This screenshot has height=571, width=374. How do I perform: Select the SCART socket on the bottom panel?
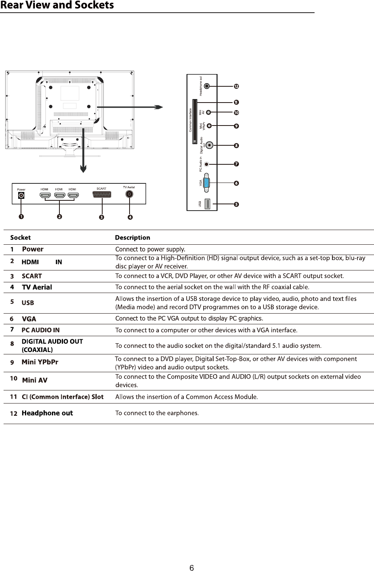tap(102, 195)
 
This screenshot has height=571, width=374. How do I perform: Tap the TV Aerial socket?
tap(129, 194)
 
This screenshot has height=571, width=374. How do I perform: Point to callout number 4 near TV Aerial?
tap(130, 217)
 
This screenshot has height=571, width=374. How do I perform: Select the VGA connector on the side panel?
tap(208, 183)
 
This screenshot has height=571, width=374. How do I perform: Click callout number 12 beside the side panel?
tap(236, 86)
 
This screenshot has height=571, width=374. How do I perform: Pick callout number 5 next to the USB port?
tap(236, 205)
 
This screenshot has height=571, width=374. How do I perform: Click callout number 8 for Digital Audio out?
tap(236, 145)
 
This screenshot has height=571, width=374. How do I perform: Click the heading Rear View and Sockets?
tap(57, 6)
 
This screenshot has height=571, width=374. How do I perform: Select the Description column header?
tap(132, 238)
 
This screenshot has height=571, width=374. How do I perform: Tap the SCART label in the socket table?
tap(32, 276)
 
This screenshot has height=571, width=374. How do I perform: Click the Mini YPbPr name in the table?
tap(40, 362)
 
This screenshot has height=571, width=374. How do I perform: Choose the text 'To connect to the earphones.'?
tap(157, 413)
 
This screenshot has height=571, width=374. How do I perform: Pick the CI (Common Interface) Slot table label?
tap(63, 396)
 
